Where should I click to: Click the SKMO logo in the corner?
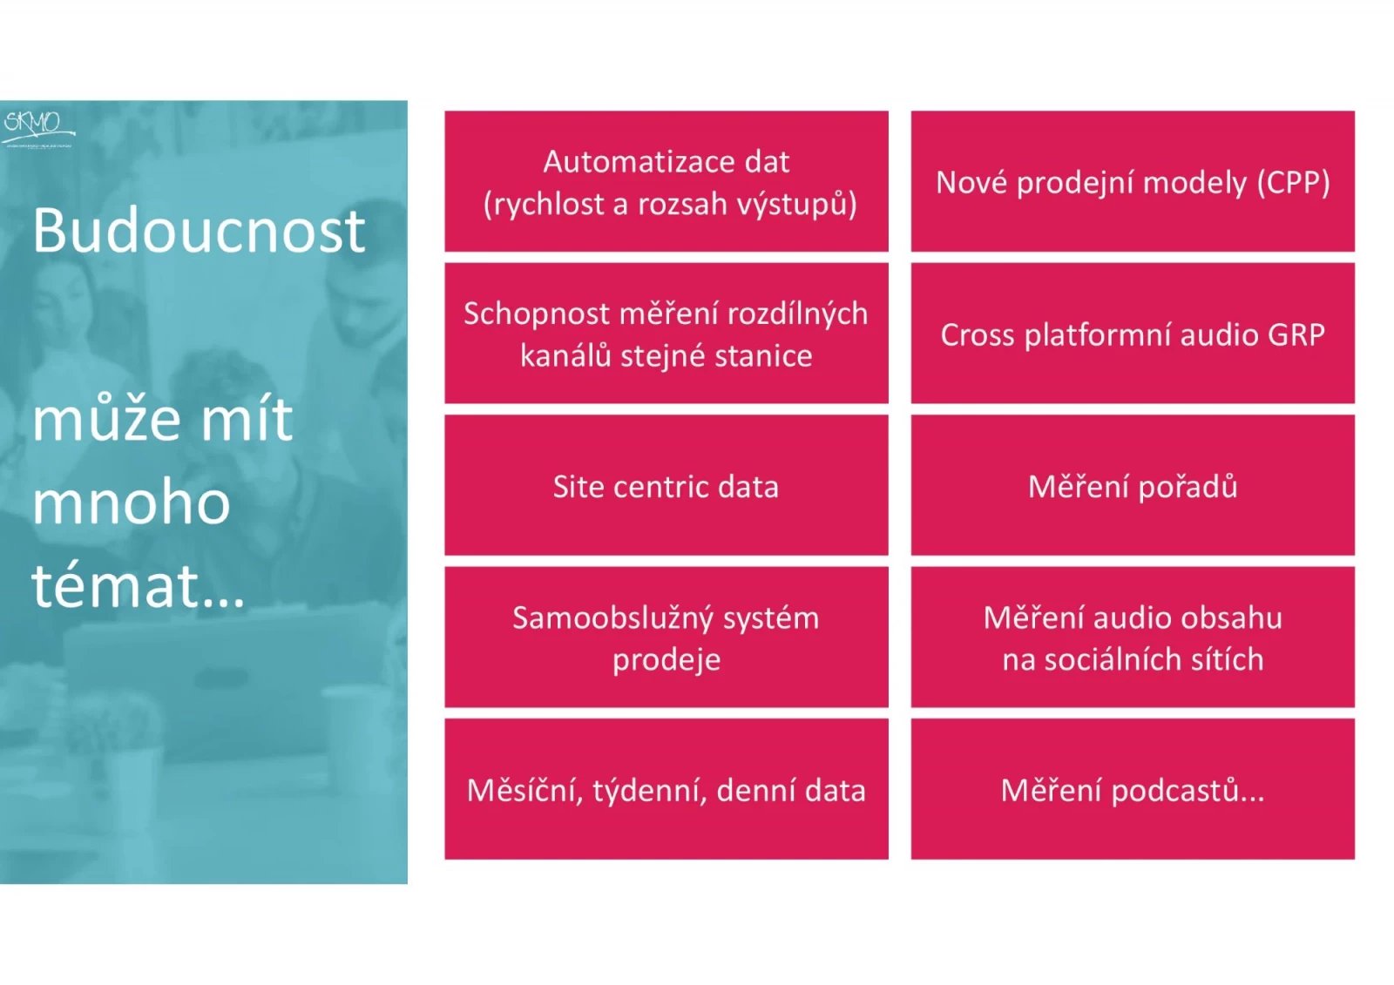(x=37, y=126)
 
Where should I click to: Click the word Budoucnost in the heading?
(x=199, y=232)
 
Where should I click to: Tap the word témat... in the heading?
(x=139, y=585)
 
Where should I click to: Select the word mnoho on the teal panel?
(x=132, y=503)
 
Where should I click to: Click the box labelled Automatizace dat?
(x=667, y=181)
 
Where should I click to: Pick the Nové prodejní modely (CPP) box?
(x=1133, y=181)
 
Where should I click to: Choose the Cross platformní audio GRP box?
(x=1133, y=334)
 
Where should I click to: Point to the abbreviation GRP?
(x=1296, y=334)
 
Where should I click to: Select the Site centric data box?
(x=667, y=486)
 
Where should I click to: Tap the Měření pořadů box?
(x=1133, y=486)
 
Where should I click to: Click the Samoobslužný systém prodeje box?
(x=667, y=638)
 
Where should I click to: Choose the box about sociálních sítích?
(x=1133, y=638)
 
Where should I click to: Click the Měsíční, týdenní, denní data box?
(x=667, y=790)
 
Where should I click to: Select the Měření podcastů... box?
(x=1133, y=790)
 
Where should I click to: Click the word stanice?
(x=763, y=356)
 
